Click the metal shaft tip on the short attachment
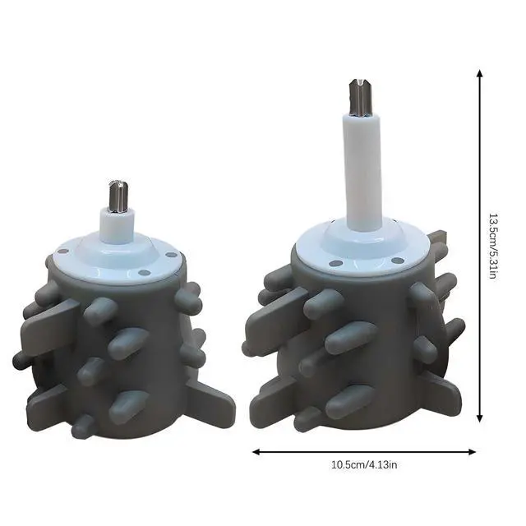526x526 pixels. tap(118, 196)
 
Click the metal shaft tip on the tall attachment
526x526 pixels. tap(360, 97)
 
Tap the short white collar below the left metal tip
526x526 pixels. tap(118, 225)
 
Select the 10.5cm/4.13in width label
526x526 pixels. tap(364, 465)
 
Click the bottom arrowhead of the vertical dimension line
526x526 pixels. tap(480, 418)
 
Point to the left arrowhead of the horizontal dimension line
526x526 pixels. tap(256, 452)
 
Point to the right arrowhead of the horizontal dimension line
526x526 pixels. tap(472, 452)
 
